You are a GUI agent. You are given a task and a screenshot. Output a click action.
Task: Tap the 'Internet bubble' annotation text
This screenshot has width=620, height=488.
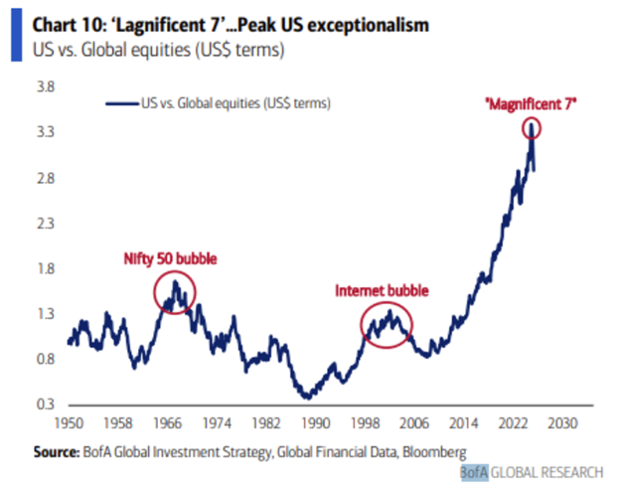click(382, 291)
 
